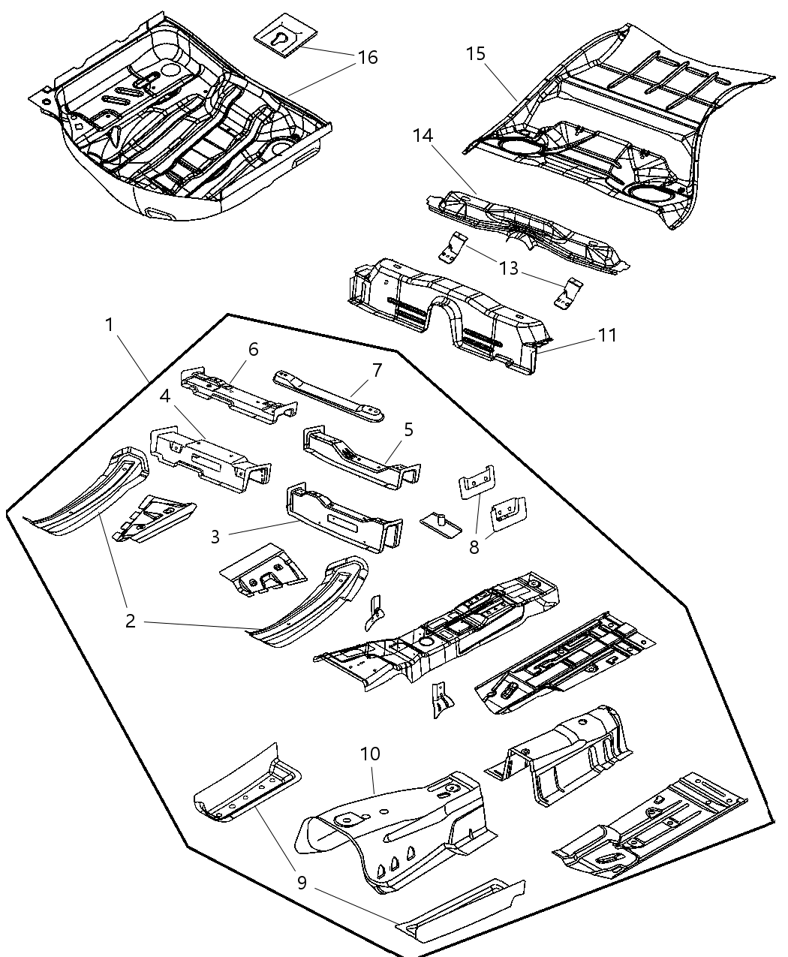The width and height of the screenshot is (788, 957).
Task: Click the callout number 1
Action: pos(110,325)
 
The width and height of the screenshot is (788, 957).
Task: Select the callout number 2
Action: pos(130,621)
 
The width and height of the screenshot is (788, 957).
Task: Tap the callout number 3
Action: pos(215,537)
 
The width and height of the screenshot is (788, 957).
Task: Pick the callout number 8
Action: pos(474,547)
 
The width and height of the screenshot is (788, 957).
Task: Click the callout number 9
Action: pos(302,883)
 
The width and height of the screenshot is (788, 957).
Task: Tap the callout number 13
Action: pos(509,268)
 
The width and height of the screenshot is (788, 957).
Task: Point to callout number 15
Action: pos(475,54)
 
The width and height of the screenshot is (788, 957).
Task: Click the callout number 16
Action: pos(367,57)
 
